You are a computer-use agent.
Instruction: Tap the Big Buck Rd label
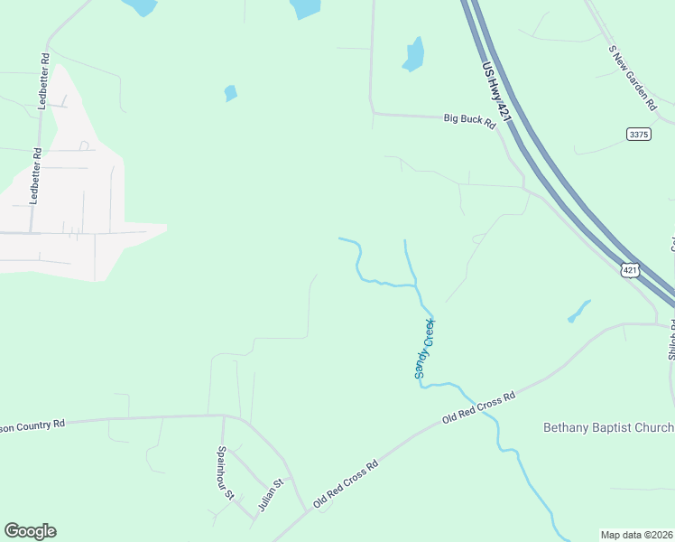(469, 121)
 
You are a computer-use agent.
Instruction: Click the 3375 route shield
(638, 134)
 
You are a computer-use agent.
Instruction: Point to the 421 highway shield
(631, 269)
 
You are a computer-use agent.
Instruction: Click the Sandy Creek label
(424, 349)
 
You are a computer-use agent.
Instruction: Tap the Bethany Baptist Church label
(608, 427)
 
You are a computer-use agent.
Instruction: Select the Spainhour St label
(226, 472)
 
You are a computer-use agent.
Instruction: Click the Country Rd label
(33, 424)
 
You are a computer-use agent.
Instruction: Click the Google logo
(30, 531)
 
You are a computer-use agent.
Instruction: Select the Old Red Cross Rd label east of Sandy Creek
(478, 408)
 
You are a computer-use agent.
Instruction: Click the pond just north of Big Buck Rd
(413, 55)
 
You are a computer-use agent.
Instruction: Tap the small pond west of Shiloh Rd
(578, 311)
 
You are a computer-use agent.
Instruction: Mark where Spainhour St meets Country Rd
(223, 416)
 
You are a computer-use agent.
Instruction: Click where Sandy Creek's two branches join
(416, 286)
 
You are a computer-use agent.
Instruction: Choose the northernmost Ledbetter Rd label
(42, 80)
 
